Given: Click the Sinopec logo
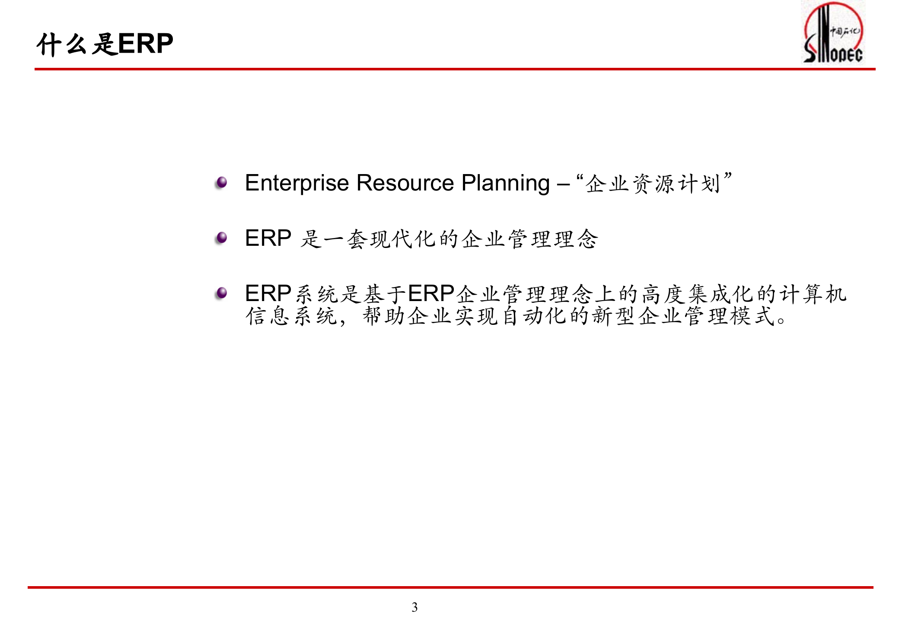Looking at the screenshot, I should [x=833, y=33].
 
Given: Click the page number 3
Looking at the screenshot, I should [x=414, y=607].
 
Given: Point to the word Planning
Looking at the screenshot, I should [x=505, y=183].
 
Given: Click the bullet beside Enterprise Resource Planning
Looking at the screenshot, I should [x=222, y=182].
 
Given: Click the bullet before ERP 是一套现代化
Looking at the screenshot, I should [x=222, y=238].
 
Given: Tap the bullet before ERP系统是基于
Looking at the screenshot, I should [x=222, y=293].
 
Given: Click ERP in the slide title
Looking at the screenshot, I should [x=145, y=44].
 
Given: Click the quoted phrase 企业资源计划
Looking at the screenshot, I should [x=653, y=184].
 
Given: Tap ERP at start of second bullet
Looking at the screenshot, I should [x=268, y=238].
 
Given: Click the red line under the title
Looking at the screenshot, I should [x=454, y=69].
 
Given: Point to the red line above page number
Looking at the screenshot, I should [x=449, y=587].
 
